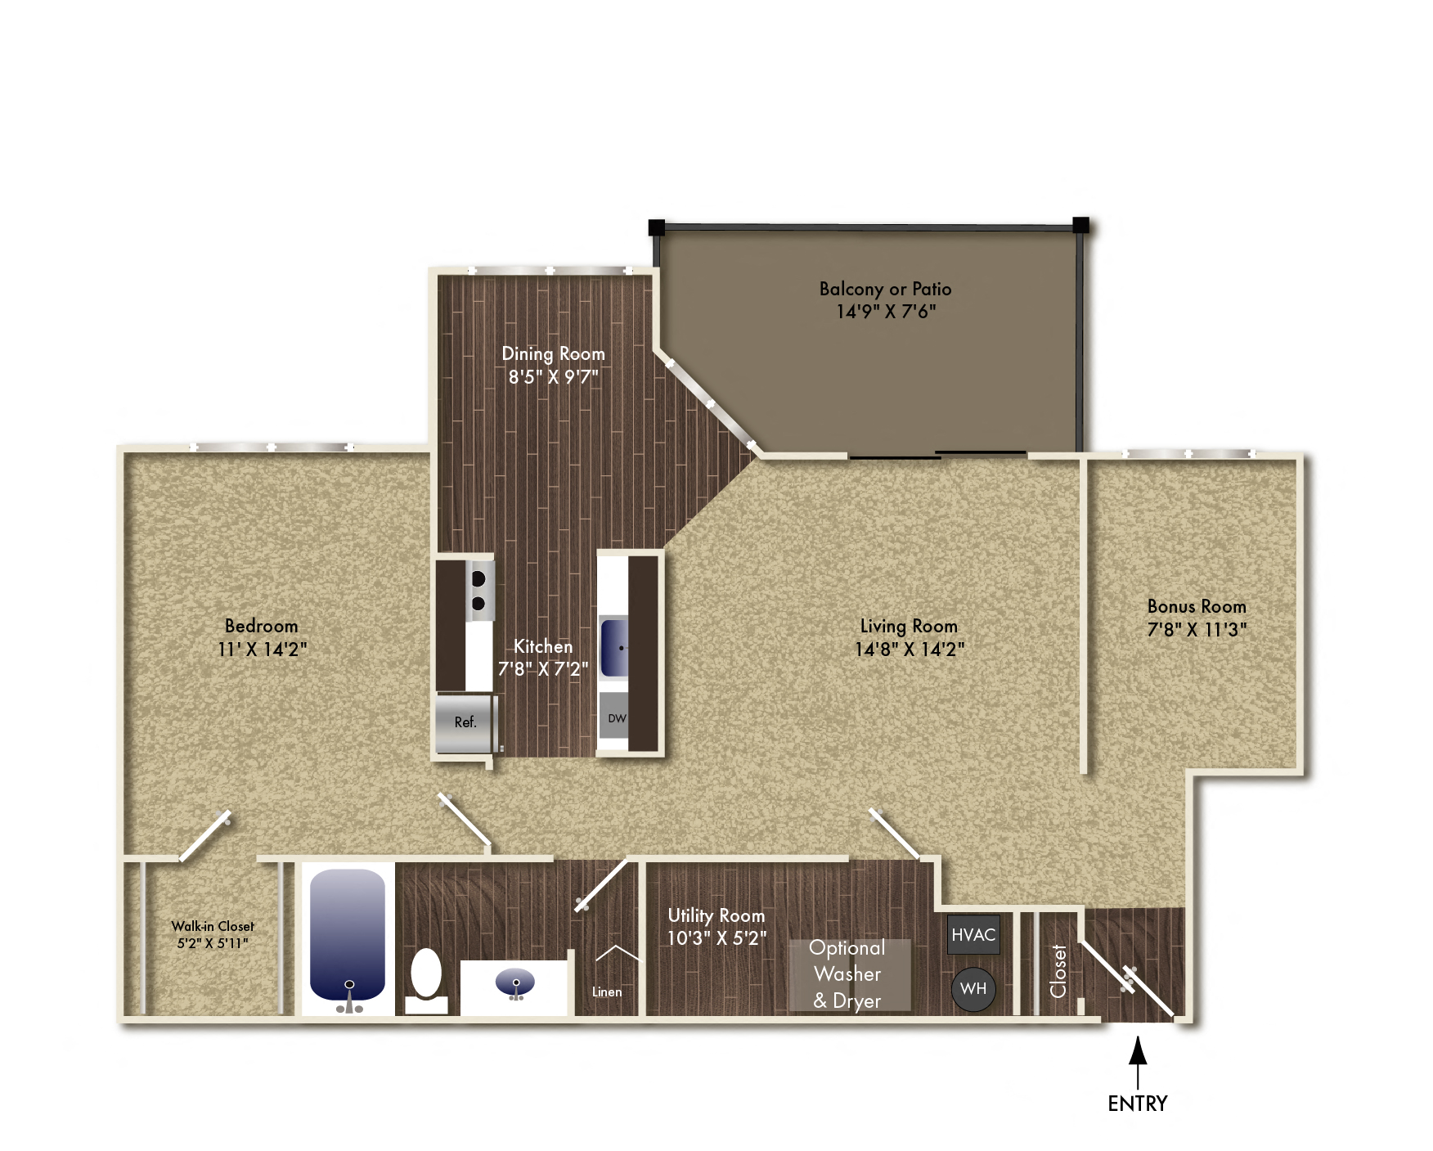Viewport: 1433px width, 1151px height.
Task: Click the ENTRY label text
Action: coord(1137,1104)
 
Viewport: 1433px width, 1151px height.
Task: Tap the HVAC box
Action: coord(973,934)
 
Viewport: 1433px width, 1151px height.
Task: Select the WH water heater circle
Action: coord(973,988)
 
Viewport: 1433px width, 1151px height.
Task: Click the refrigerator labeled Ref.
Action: coord(465,722)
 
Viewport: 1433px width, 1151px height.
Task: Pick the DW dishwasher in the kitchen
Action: coord(615,717)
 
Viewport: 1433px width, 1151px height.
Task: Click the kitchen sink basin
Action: coord(614,648)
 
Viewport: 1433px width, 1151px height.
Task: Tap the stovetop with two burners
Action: coord(479,591)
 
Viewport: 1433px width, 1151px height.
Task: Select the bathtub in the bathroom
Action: coord(348,934)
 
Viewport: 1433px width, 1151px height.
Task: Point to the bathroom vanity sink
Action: coord(515,982)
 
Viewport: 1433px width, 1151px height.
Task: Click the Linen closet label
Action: coord(607,991)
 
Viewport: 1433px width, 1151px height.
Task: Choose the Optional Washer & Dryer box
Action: coord(848,974)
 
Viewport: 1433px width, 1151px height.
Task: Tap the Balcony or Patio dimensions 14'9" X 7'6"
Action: coord(886,312)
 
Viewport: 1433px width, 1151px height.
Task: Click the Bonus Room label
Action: coord(1197,607)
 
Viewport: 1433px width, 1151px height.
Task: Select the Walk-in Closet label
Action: coord(213,926)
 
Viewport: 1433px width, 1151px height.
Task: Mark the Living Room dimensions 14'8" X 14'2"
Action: coord(910,650)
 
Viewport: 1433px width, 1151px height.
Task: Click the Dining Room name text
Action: coord(553,353)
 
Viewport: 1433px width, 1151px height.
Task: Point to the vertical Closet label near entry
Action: coord(1058,971)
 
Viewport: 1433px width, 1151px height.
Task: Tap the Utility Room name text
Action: coord(716,915)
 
